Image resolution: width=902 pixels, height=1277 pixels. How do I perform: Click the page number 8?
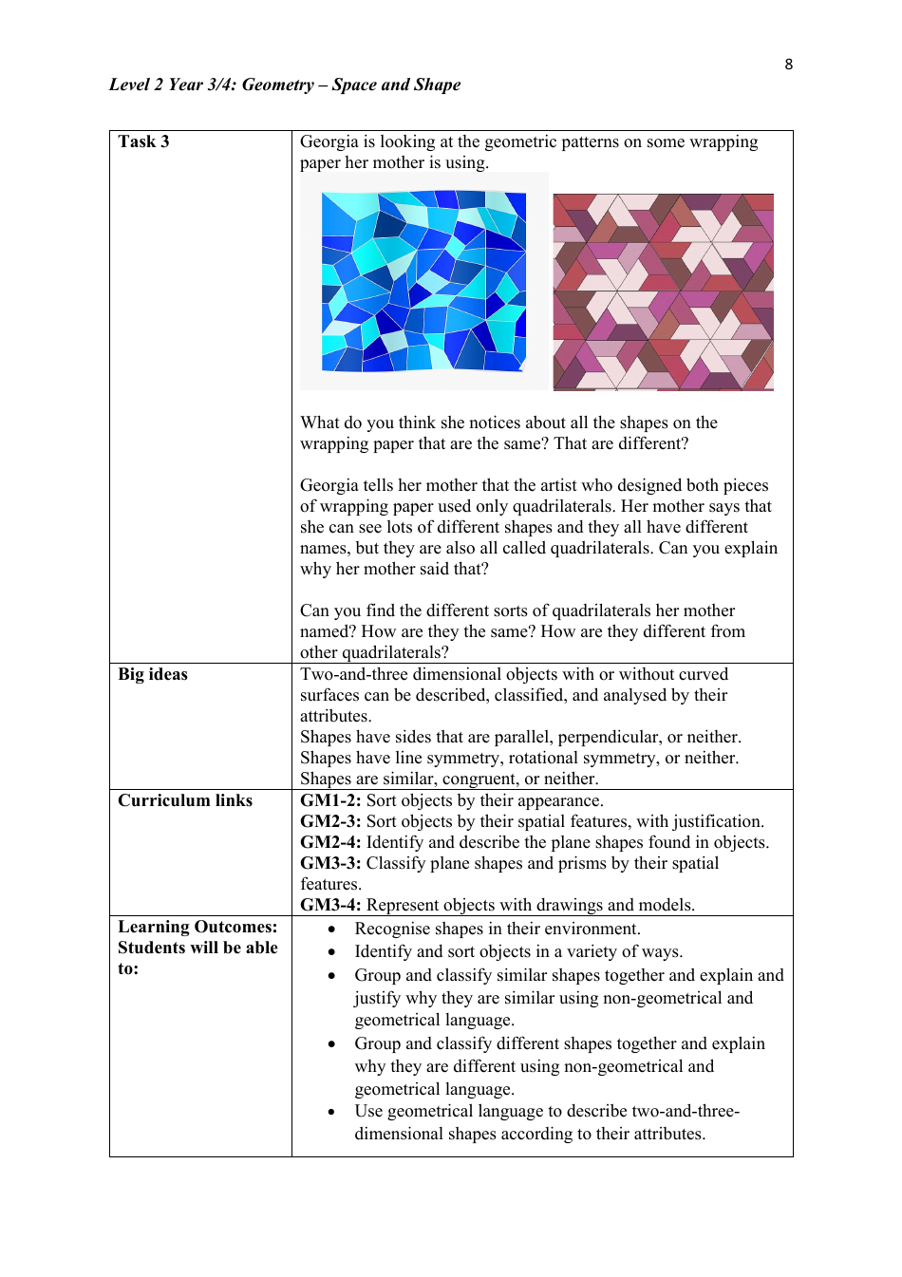tap(788, 65)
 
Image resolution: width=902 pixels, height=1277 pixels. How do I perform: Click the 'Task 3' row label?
tap(143, 141)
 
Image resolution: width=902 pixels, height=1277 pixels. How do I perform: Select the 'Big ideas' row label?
tap(153, 674)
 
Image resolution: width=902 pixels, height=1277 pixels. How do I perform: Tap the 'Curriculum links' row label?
tap(185, 800)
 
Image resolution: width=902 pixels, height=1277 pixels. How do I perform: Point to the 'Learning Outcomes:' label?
tap(197, 927)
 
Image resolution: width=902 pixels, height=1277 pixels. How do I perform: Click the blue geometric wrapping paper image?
tap(423, 281)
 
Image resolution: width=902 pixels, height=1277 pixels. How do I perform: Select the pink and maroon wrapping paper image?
tap(663, 291)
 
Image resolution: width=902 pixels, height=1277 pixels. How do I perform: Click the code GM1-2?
tap(330, 800)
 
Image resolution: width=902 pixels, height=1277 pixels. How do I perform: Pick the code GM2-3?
tap(330, 821)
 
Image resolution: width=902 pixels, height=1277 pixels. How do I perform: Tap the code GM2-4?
tap(330, 842)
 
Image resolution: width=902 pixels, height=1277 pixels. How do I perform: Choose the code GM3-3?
tap(330, 863)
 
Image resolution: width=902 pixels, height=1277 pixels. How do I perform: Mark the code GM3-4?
tap(330, 905)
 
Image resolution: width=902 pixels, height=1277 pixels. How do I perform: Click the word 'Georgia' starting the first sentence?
tap(329, 141)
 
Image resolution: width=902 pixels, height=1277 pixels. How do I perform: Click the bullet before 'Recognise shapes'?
tap(331, 930)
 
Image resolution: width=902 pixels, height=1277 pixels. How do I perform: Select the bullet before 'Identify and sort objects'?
tap(331, 952)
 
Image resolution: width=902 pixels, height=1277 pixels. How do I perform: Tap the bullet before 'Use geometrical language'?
tap(331, 1112)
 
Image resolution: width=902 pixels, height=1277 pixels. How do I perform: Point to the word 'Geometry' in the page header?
tap(277, 85)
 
